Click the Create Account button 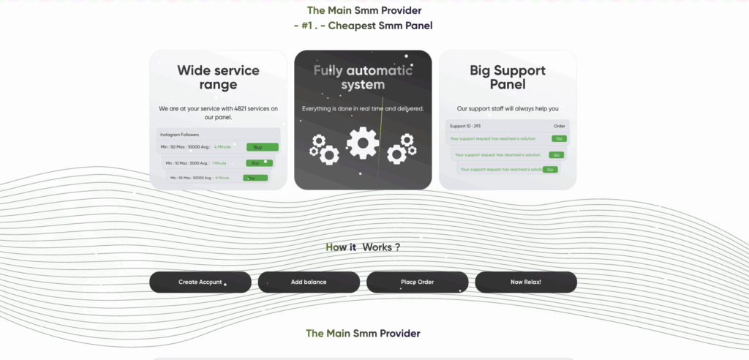pos(200,282)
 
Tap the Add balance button pos(309,282)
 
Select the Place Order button pos(417,282)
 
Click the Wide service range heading pos(218,78)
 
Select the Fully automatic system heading pos(363,78)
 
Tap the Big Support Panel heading pos(508,78)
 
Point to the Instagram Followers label pos(180,135)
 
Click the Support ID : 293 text pos(465,126)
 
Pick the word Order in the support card pos(560,126)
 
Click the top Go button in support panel pos(559,138)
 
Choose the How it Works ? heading pos(363,247)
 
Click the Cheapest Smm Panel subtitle pos(380,26)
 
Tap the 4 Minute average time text pos(222,147)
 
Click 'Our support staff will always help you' pos(508,108)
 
